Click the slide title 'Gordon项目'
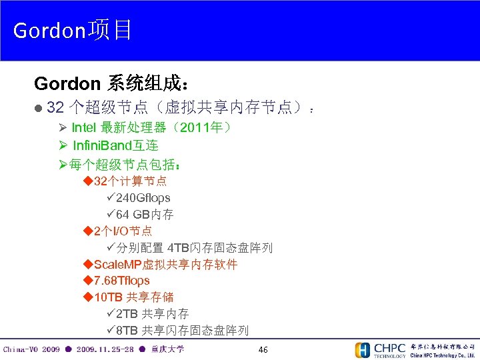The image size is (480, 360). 73,30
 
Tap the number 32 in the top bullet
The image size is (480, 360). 55,107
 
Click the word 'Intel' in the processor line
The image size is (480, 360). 84,127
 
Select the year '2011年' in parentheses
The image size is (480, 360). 198,127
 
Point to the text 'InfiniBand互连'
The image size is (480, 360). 115,145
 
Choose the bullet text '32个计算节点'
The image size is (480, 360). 130,181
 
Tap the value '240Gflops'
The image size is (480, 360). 143,198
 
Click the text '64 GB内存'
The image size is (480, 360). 145,215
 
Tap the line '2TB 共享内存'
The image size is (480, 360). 152,313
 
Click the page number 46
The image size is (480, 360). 263,350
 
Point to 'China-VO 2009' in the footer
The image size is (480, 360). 31,349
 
